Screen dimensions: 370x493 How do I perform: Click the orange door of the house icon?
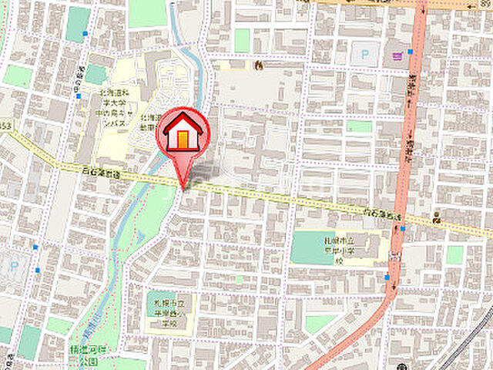pyautogui.click(x=183, y=140)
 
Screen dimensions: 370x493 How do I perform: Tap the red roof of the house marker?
pyautogui.click(x=183, y=123)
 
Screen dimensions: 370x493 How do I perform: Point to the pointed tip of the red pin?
pyautogui.click(x=183, y=187)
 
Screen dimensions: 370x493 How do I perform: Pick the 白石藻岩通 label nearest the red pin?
pyautogui.click(x=102, y=170)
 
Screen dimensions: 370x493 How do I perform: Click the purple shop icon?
pyautogui.click(x=397, y=55)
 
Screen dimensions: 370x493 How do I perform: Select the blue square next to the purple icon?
pyautogui.click(x=411, y=52)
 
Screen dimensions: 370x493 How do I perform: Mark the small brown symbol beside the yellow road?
pyautogui.click(x=435, y=217)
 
